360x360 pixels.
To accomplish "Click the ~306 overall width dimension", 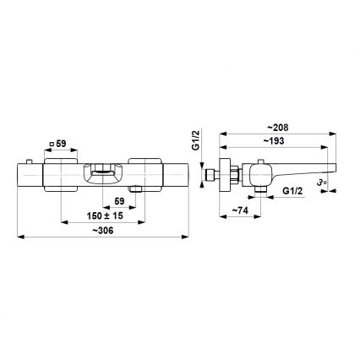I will coord(102,230).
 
